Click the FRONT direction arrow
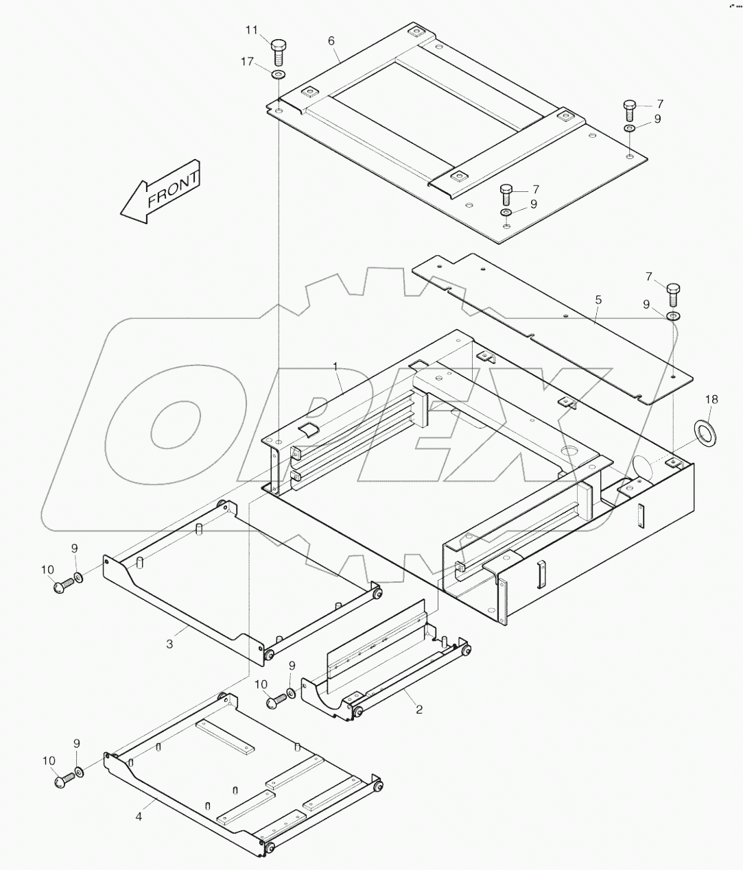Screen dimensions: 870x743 coord(159,193)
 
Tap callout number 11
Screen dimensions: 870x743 coord(252,29)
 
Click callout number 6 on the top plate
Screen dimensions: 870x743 coord(331,41)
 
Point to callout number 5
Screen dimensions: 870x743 coord(598,300)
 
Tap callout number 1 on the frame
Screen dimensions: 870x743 coord(336,367)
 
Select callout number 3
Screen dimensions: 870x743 coord(169,644)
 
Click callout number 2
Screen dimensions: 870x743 coord(418,710)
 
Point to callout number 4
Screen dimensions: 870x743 coord(139,817)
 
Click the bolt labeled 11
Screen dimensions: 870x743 coord(279,49)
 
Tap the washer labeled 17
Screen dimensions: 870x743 coord(279,73)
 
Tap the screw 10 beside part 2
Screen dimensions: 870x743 coord(275,701)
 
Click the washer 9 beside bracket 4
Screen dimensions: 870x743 coord(80,772)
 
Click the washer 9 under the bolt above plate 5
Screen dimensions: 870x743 coord(673,315)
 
